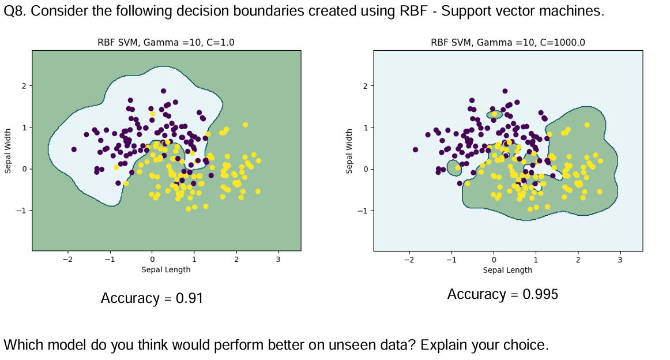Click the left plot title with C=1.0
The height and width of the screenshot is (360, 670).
[x=166, y=42]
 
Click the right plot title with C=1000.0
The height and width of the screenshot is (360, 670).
[x=507, y=42]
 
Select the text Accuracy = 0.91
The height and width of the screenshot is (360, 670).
[x=152, y=298]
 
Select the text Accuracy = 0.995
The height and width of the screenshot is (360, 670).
[x=503, y=294]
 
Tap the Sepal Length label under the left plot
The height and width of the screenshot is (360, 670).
[x=166, y=269]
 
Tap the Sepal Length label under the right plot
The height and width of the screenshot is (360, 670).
[x=507, y=269]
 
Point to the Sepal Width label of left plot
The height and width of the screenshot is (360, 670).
[x=8, y=151]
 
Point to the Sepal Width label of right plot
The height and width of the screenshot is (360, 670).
[x=349, y=151]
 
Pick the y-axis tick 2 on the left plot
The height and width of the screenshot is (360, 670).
[x=24, y=86]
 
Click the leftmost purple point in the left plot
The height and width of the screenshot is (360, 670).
[x=74, y=149]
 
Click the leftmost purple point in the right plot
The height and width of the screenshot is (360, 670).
[x=415, y=149]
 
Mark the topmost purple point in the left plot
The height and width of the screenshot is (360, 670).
[x=164, y=91]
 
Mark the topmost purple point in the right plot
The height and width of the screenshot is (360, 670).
[x=505, y=91]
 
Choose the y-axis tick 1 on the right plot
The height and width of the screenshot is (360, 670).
[x=365, y=127]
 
